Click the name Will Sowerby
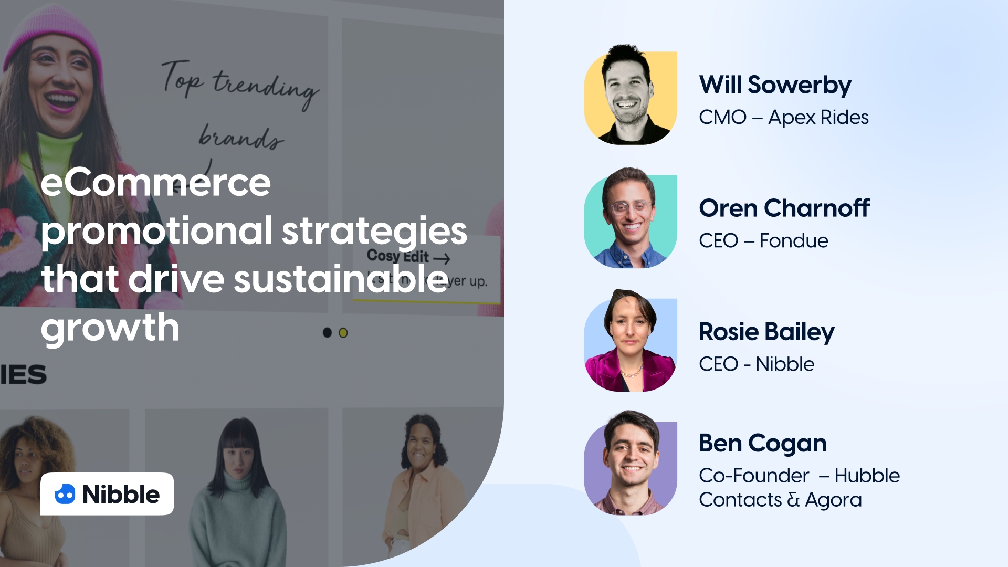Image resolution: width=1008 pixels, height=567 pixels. click(775, 85)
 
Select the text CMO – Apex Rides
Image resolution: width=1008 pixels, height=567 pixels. click(783, 118)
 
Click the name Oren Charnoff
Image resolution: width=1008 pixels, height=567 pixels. click(784, 208)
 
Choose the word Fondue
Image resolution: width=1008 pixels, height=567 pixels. click(794, 241)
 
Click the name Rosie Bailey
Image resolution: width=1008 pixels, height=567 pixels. click(766, 332)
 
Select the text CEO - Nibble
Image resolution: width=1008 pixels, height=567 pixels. click(756, 364)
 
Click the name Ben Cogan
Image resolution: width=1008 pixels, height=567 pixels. click(762, 444)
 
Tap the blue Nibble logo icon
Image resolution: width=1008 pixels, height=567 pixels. click(65, 495)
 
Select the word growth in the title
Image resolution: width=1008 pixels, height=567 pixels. click(110, 328)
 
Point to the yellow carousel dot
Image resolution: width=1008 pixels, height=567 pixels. click(343, 333)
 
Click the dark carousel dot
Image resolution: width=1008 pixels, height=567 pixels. click(327, 333)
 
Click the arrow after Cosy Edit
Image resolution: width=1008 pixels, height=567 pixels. click(442, 258)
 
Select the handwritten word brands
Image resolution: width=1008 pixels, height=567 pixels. click(240, 138)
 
